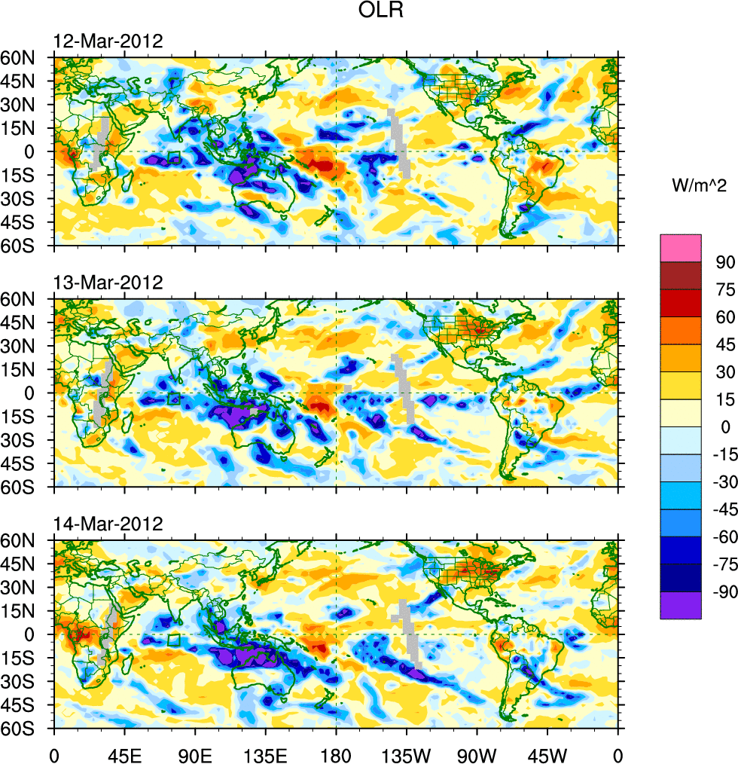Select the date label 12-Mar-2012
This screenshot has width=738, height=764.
click(x=107, y=41)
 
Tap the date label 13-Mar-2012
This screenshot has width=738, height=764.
click(x=107, y=283)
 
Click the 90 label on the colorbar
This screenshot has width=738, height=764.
click(x=724, y=262)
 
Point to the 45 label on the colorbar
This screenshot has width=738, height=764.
click(x=724, y=344)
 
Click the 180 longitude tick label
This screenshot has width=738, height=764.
click(x=336, y=754)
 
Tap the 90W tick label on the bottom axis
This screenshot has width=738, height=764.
click(x=477, y=754)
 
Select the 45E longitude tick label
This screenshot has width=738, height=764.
click(x=124, y=754)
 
